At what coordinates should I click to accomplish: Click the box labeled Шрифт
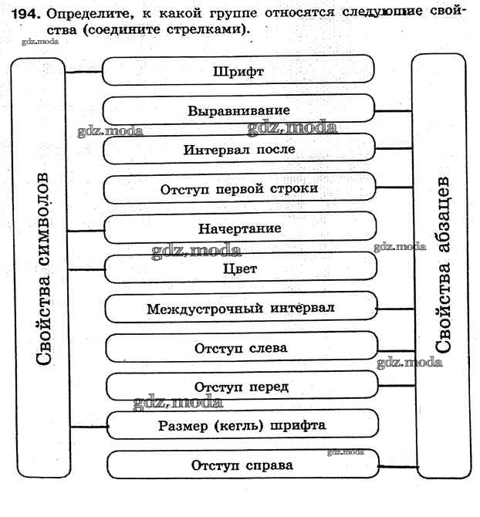point(239,72)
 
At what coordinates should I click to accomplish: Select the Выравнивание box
point(239,110)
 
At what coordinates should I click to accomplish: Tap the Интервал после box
point(239,149)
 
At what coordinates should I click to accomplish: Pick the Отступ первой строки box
point(239,189)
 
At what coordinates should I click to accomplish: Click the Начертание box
point(239,229)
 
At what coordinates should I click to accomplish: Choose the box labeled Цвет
point(239,269)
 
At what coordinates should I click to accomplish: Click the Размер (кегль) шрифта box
point(242,425)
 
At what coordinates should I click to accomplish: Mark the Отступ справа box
point(242,465)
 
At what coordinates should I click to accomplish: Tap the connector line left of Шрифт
point(85,73)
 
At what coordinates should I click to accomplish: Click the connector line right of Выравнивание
point(393,111)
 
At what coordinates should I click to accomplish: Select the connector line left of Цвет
point(85,269)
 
